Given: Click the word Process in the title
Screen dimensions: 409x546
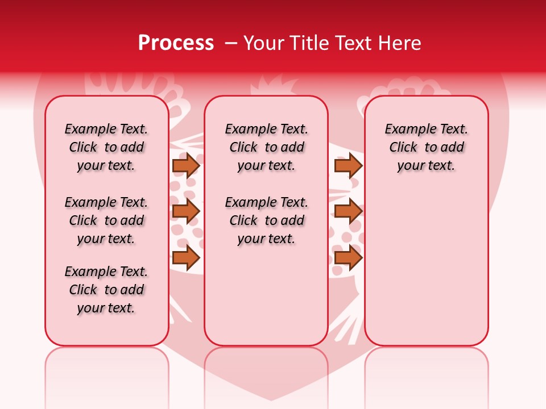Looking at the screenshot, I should click(176, 43).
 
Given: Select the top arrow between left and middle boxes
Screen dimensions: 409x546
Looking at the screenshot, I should click(185, 165).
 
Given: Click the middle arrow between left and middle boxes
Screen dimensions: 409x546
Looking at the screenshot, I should click(185, 211).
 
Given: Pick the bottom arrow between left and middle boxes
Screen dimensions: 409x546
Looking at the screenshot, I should click(185, 257).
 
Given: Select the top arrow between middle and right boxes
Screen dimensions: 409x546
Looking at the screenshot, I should click(348, 165).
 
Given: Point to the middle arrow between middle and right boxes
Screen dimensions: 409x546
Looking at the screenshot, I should click(348, 211).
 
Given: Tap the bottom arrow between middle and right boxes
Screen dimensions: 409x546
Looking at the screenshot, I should click(348, 257).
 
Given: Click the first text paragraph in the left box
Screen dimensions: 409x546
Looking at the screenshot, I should click(106, 147).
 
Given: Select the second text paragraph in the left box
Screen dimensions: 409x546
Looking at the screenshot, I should click(106, 220).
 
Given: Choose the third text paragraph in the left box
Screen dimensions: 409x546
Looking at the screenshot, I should click(106, 290).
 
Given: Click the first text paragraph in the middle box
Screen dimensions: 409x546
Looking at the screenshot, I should click(266, 147).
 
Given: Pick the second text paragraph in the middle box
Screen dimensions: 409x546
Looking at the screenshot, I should click(266, 220).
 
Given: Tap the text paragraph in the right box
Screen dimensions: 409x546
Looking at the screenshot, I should click(426, 147).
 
